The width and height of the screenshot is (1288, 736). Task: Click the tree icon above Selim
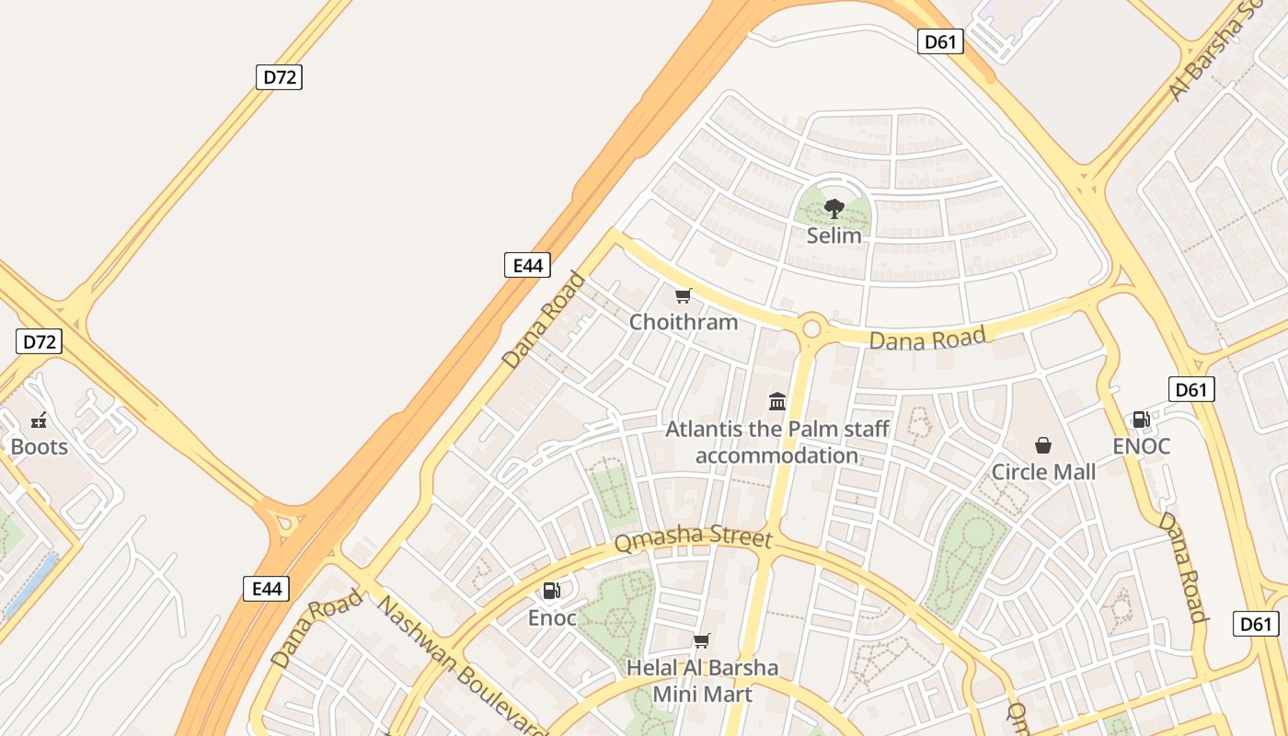[834, 209]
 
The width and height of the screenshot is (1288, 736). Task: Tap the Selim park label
[834, 236]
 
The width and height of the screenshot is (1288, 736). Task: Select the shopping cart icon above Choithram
[683, 295]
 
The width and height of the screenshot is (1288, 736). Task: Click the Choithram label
[684, 322]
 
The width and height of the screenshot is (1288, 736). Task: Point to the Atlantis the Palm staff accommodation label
[777, 442]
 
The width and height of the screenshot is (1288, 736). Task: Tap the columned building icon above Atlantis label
[777, 401]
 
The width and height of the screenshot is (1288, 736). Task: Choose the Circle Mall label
[1043, 472]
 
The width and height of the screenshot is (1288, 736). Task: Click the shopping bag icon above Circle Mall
[1043, 445]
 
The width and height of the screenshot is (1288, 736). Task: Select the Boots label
[39, 447]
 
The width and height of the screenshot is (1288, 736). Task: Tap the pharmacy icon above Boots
[39, 420]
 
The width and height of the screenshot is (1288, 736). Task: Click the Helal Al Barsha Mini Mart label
[702, 681]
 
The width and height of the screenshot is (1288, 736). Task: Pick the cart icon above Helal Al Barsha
[702, 640]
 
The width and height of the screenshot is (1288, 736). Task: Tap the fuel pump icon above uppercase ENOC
[1141, 420]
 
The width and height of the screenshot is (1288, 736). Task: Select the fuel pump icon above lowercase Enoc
[552, 591]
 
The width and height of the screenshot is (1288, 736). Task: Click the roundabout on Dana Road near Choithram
[811, 328]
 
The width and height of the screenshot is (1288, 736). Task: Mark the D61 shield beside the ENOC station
[1191, 389]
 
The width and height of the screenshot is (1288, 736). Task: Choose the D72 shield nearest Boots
[39, 342]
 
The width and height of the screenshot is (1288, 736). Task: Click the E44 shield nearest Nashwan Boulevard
[266, 589]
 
